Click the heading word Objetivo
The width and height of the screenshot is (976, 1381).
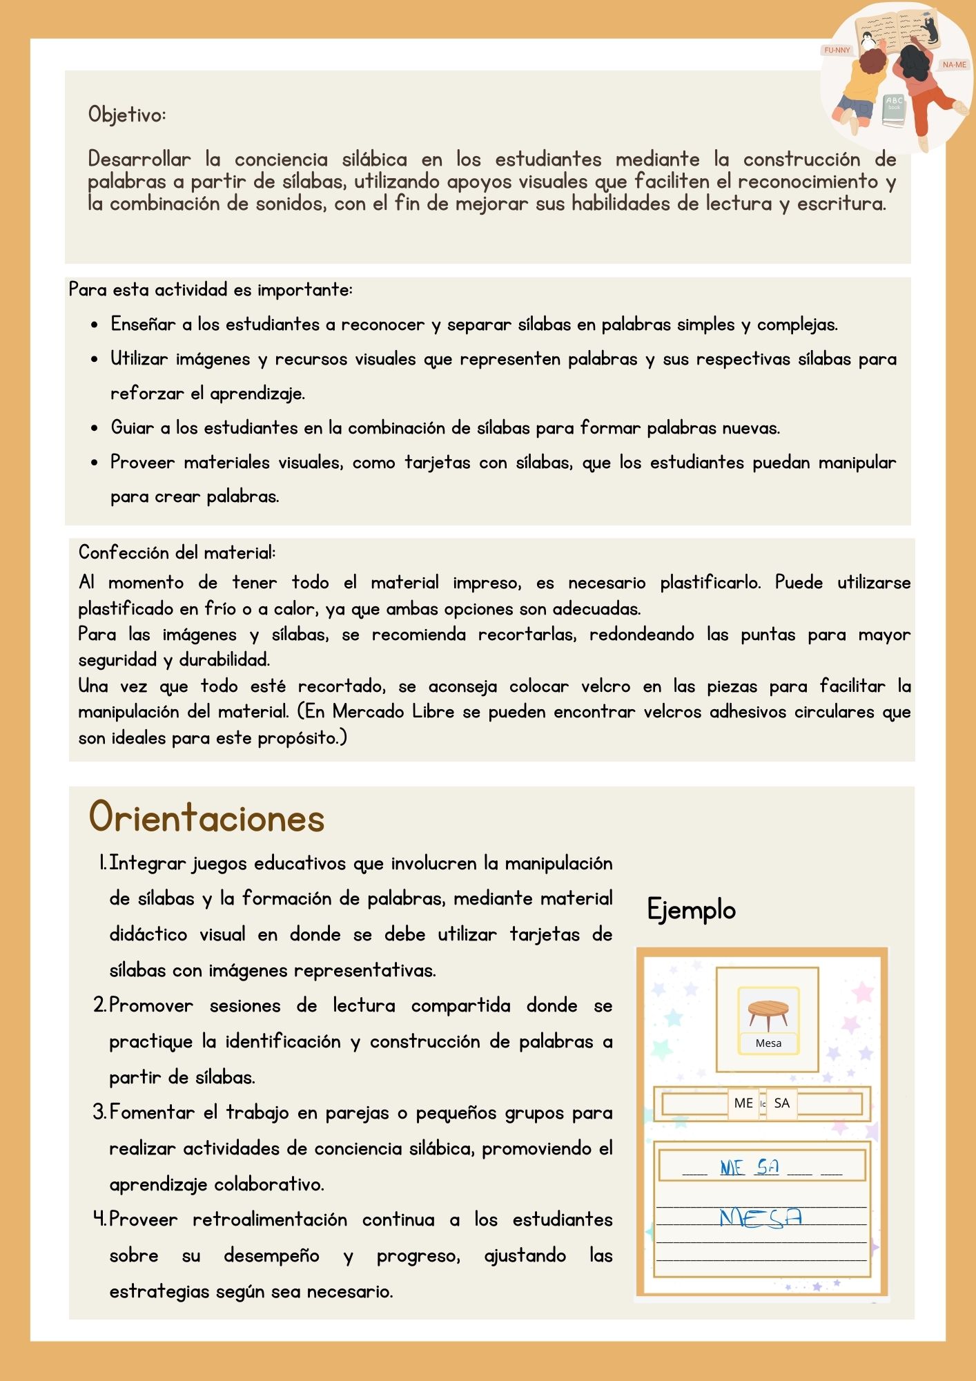click(126, 115)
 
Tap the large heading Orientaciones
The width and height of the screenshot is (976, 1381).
click(206, 818)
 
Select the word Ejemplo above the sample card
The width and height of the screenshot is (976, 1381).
click(691, 909)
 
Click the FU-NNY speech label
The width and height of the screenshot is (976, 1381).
click(837, 50)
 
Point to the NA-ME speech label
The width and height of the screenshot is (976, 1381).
click(954, 65)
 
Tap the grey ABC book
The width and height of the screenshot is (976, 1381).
click(894, 110)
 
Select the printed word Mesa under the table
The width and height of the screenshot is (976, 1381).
click(768, 1043)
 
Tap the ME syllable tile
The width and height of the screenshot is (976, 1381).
click(743, 1103)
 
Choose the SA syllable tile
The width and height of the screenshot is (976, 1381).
click(781, 1103)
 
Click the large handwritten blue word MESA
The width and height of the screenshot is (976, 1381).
click(760, 1217)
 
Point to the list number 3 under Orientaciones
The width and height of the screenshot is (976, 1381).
click(99, 1112)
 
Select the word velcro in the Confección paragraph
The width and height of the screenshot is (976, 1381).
click(605, 686)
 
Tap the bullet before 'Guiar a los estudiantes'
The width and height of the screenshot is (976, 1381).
click(95, 429)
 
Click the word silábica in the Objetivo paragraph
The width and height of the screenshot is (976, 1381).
click(374, 160)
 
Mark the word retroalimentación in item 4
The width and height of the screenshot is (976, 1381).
click(270, 1220)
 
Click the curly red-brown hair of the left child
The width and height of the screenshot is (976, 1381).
click(873, 61)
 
